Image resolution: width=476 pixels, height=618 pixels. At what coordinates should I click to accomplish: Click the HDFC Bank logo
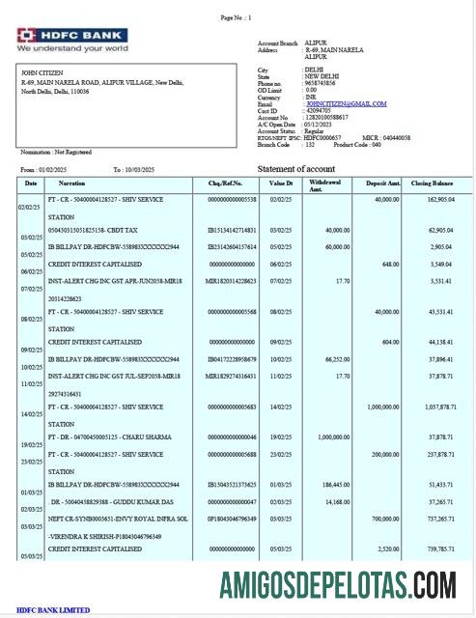pyautogui.click(x=72, y=40)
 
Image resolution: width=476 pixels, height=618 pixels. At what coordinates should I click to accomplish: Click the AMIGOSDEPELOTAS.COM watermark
pyautogui.click(x=337, y=584)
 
